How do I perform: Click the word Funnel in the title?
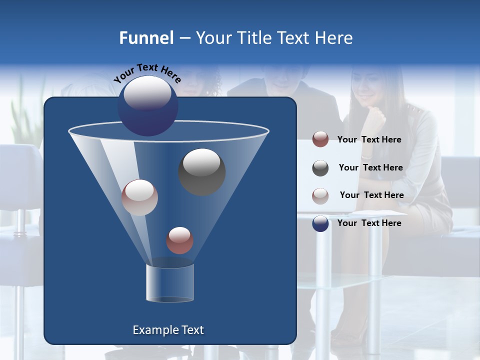pyautogui.click(x=146, y=38)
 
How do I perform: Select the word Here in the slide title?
pyautogui.click(x=335, y=38)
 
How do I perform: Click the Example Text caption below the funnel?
pyautogui.click(x=168, y=330)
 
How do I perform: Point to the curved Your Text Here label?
pyautogui.click(x=147, y=73)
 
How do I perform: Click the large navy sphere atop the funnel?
pyautogui.click(x=147, y=106)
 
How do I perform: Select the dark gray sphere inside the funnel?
pyautogui.click(x=202, y=171)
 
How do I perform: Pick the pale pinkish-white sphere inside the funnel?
pyautogui.click(x=139, y=197)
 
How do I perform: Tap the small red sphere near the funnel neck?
pyautogui.click(x=179, y=240)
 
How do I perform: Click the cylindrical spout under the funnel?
pyautogui.click(x=169, y=283)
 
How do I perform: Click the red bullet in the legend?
pyautogui.click(x=320, y=139)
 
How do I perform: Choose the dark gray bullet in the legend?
pyautogui.click(x=320, y=168)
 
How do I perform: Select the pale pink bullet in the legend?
pyautogui.click(x=320, y=195)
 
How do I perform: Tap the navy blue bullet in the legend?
pyautogui.click(x=320, y=223)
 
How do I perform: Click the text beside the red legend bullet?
pyautogui.click(x=369, y=140)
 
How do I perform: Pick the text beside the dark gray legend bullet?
pyautogui.click(x=370, y=168)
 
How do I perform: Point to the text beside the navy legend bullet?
pyautogui.click(x=369, y=223)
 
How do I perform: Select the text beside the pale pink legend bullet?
pyautogui.click(x=371, y=195)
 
